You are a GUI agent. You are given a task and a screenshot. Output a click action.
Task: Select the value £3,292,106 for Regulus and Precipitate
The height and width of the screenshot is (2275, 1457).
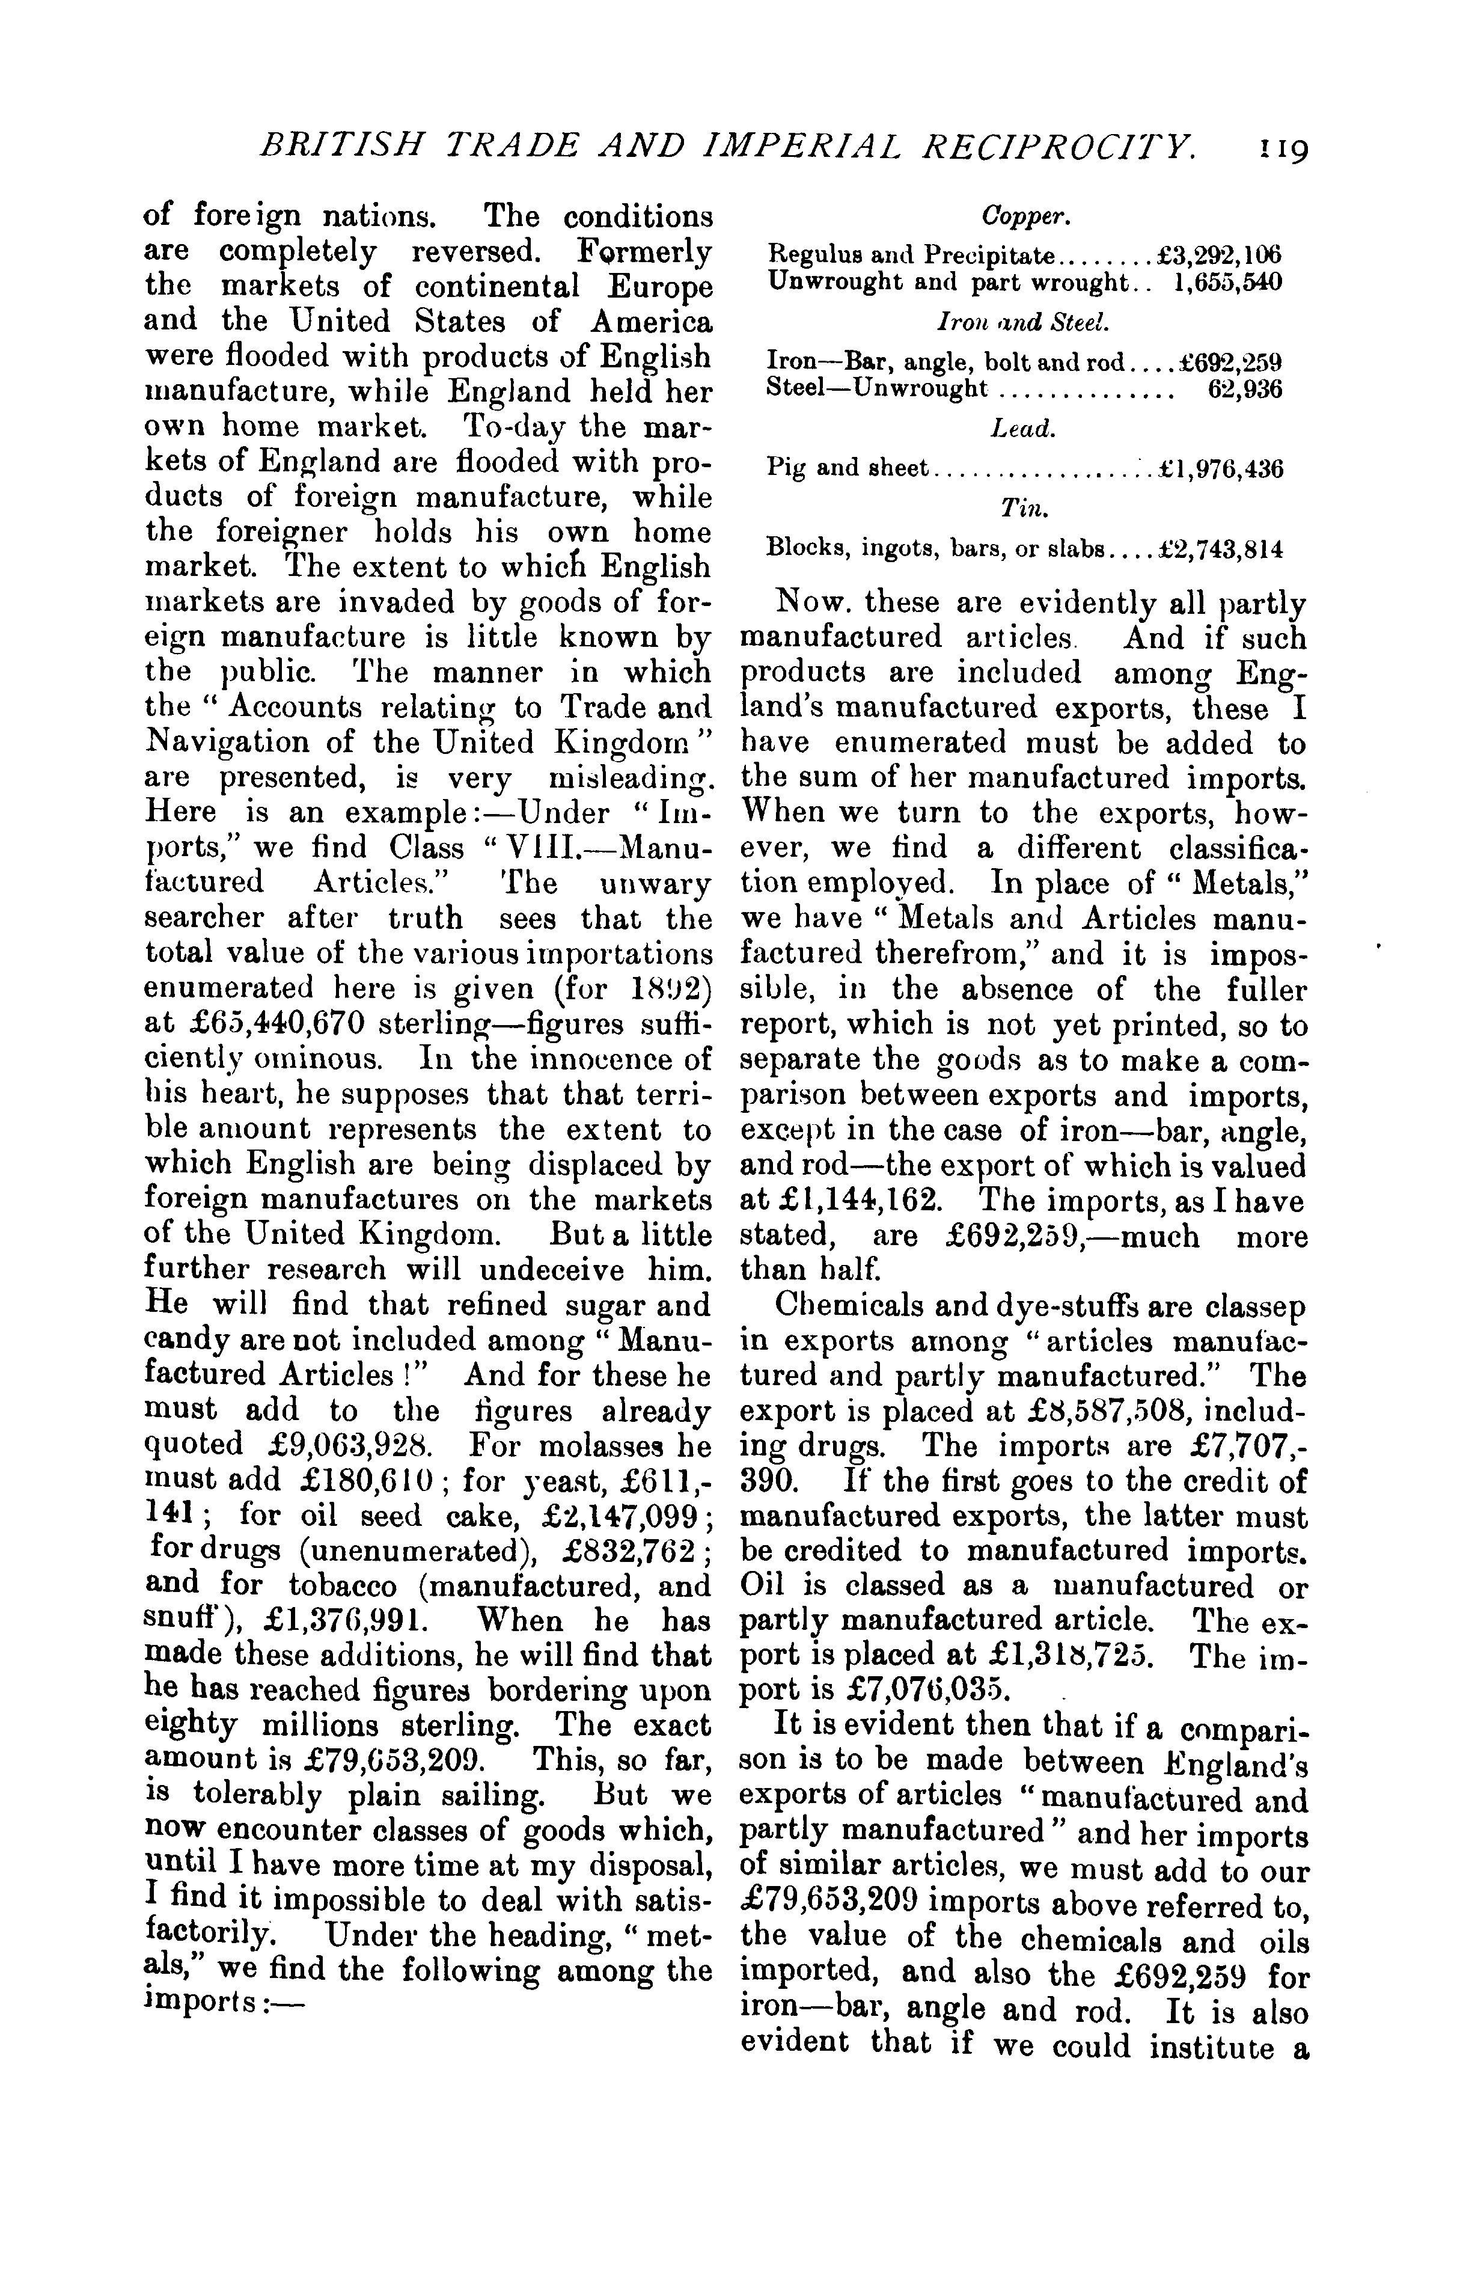[x=1220, y=256]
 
